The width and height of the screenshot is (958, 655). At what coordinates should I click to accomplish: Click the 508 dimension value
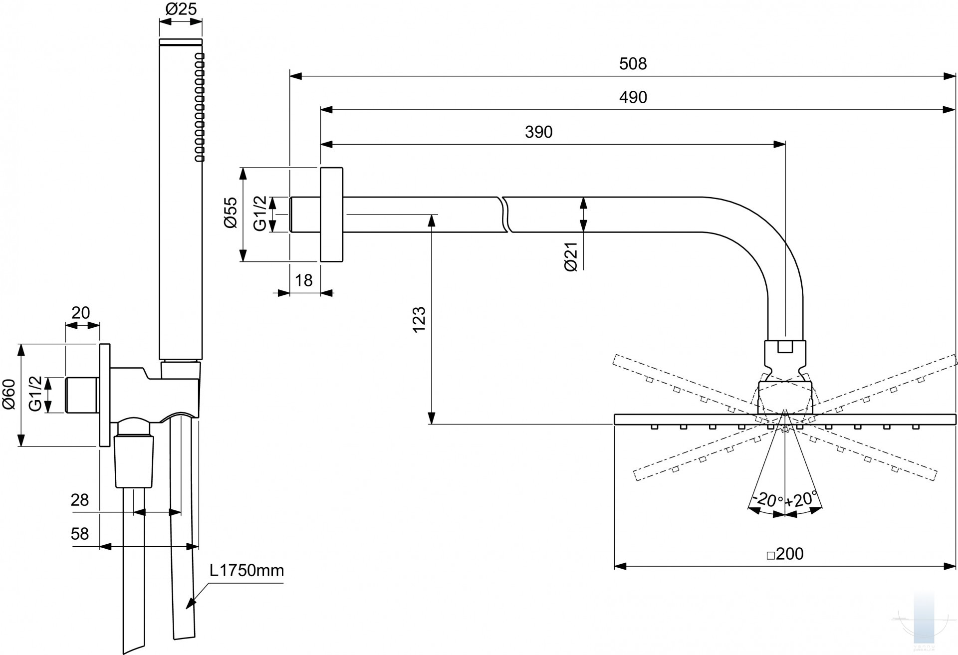click(633, 64)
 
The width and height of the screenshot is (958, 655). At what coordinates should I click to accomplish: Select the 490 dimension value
click(633, 97)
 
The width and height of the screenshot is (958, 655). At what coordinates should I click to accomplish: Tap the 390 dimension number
click(539, 132)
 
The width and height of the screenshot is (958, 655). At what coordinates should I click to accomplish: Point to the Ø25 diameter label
click(181, 9)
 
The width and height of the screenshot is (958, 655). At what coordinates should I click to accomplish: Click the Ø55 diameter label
click(231, 213)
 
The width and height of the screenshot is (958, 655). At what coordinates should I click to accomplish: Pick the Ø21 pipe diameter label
click(571, 256)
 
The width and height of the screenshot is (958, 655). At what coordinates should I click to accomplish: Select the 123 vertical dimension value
click(419, 319)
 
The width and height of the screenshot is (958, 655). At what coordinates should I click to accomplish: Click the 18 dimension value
click(303, 280)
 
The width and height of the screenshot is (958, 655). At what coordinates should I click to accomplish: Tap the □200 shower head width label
click(785, 554)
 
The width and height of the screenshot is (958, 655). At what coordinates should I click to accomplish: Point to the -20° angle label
click(767, 499)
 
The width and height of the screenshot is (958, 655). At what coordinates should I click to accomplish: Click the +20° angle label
click(802, 499)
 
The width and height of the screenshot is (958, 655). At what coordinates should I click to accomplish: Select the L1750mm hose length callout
click(246, 570)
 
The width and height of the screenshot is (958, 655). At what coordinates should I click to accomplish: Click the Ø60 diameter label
click(9, 394)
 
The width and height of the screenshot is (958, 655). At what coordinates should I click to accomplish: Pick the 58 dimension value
click(80, 534)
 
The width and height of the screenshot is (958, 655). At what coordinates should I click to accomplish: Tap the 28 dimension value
click(80, 500)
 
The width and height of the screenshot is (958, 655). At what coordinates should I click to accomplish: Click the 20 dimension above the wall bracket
click(81, 313)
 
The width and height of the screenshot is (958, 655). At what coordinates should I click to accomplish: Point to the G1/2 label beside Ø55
click(260, 214)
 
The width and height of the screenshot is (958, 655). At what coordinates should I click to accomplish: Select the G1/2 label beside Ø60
click(36, 394)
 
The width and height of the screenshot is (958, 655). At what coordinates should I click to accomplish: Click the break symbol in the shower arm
click(505, 215)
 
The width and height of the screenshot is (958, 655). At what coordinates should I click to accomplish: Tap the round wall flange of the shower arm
click(331, 215)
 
